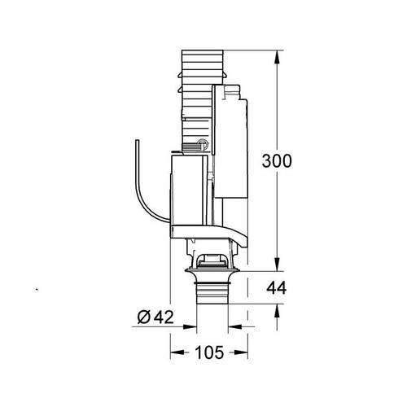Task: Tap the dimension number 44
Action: click(277, 287)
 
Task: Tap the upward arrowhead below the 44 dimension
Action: click(278, 310)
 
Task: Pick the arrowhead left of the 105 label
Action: click(175, 353)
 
